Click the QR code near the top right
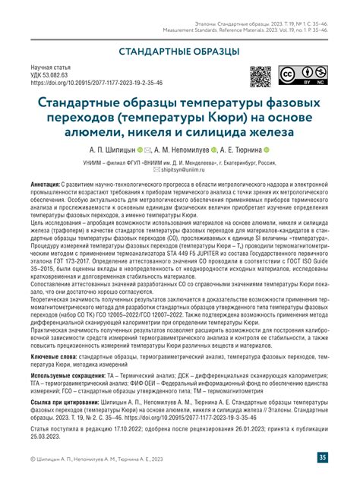(x=261, y=77)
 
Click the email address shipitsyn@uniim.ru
(x=185, y=171)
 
